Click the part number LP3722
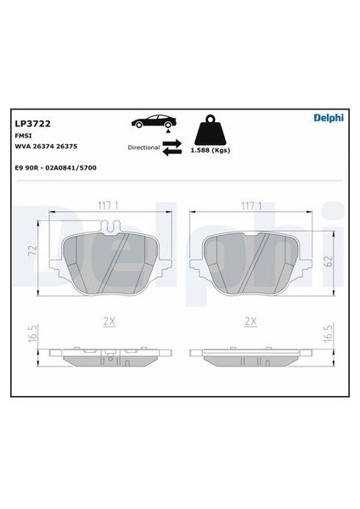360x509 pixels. (33, 124)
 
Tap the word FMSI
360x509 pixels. (24, 136)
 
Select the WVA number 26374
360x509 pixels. (43, 147)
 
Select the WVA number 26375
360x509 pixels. (67, 147)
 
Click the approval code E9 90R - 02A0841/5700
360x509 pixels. (56, 168)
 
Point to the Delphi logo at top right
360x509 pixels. (329, 118)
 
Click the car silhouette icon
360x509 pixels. (154, 121)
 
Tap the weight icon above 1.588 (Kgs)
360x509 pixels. (211, 130)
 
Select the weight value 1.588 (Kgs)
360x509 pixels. (211, 150)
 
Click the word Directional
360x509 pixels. (143, 148)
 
